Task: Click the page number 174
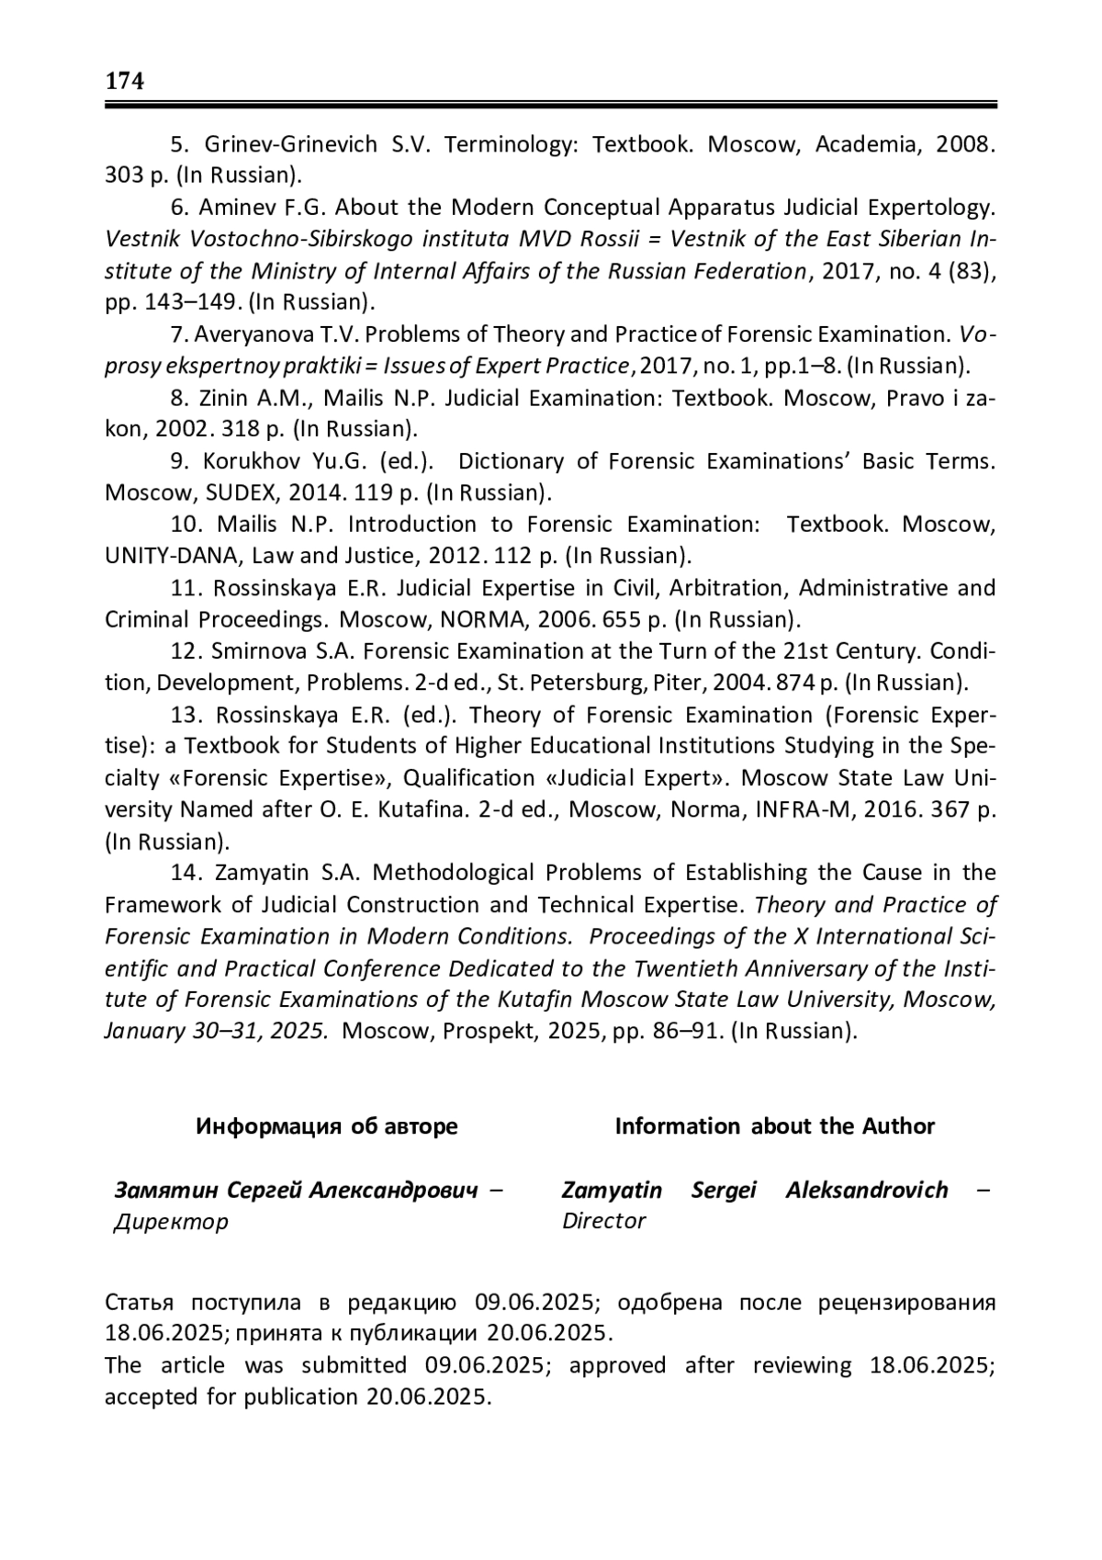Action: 125,82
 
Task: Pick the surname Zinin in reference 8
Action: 226,398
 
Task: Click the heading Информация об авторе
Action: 326,1126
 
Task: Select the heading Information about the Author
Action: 774,1126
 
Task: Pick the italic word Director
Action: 603,1221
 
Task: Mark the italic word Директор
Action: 171,1222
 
